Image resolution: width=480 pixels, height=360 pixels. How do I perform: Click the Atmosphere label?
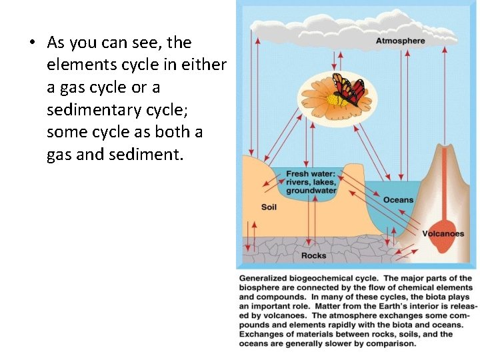pos(400,41)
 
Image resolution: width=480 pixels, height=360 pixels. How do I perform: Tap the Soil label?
pos(269,207)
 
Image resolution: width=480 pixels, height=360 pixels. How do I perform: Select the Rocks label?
pos(313,255)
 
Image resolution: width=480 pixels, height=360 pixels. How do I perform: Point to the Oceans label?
pos(398,200)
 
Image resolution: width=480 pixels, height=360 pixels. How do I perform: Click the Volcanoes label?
pos(443,234)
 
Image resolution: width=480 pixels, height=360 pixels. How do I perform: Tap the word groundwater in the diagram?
pos(311,191)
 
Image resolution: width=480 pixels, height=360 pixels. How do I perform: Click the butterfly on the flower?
pos(348,89)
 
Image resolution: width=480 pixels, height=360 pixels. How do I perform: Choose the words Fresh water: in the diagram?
pos(311,175)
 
